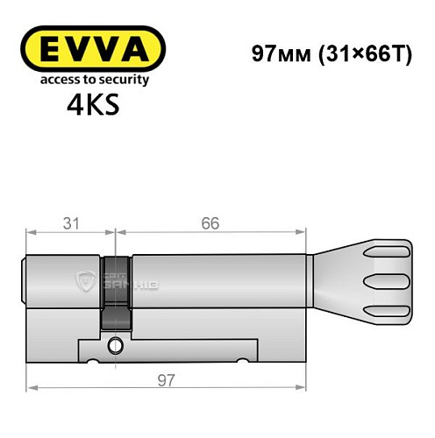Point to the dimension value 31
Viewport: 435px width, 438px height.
[x=71, y=223]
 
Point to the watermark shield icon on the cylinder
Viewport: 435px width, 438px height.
[x=86, y=279]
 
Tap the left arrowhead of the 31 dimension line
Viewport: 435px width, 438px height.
[x=31, y=233]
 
